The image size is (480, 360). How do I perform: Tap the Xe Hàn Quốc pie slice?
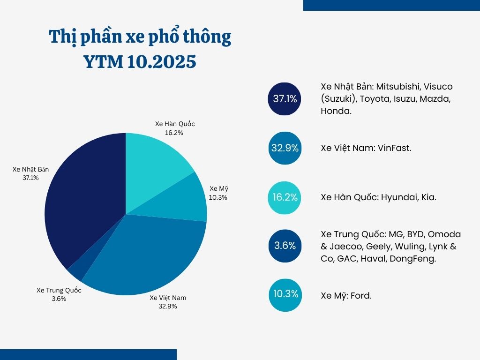[x=155, y=159]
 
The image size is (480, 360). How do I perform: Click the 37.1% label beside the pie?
[x=30, y=178]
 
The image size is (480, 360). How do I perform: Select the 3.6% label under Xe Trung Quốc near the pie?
[x=59, y=299]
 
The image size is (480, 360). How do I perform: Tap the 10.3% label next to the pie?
[x=218, y=197]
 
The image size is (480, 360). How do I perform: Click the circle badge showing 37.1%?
[x=285, y=99]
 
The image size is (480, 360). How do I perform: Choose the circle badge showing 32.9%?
[x=285, y=148]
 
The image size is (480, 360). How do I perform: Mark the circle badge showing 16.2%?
[x=285, y=197]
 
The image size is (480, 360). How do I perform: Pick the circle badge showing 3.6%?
[x=285, y=245]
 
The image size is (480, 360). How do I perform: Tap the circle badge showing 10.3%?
[x=285, y=294]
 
